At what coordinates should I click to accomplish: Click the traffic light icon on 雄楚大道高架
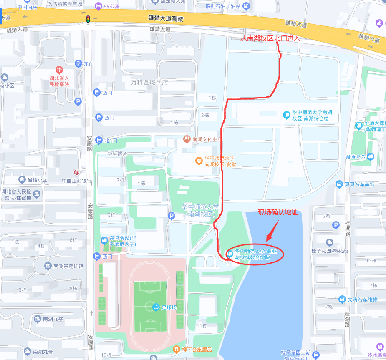(x=88, y=19)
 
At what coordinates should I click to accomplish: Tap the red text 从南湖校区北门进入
(x=270, y=38)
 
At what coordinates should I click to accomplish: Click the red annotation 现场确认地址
(x=278, y=212)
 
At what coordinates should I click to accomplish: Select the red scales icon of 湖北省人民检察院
(x=59, y=69)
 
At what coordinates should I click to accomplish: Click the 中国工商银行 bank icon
(x=76, y=172)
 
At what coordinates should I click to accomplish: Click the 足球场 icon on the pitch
(x=156, y=307)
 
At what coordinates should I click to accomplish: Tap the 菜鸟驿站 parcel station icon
(x=104, y=241)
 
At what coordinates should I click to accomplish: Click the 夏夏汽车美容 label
(x=360, y=184)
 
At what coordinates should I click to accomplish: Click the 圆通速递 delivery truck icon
(x=371, y=157)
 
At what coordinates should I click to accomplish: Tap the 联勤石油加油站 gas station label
(x=223, y=6)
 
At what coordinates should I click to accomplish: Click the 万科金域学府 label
(x=149, y=82)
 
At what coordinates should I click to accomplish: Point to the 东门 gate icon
(x=78, y=64)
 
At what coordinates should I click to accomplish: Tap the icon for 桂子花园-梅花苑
(x=330, y=243)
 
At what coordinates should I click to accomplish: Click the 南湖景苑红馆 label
(x=68, y=266)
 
